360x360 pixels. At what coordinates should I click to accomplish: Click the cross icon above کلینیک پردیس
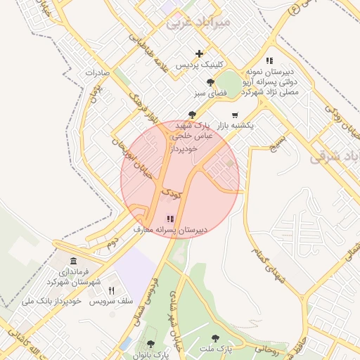point(200,53)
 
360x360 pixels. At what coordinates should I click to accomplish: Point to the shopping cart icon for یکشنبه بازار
point(235,115)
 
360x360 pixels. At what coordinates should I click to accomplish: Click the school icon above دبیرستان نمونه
point(269,61)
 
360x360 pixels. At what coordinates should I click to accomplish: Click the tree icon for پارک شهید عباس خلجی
point(192,115)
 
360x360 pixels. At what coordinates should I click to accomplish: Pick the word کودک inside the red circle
point(172,191)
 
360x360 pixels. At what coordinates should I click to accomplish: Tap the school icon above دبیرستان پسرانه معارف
point(169,219)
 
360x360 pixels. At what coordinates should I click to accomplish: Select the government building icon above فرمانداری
point(74,261)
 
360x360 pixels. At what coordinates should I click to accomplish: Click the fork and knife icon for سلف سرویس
point(111,290)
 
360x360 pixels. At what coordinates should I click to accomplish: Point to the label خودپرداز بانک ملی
point(52,301)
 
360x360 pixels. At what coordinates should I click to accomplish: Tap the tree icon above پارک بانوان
point(150,344)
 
